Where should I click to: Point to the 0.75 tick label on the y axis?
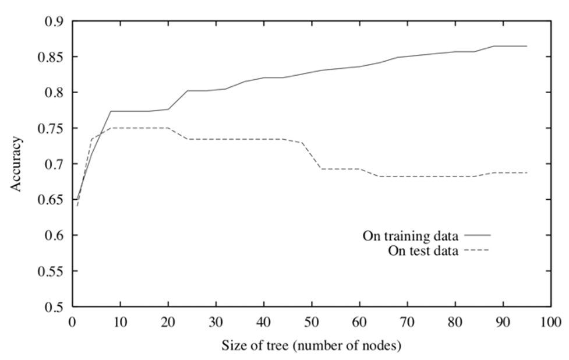click(x=50, y=128)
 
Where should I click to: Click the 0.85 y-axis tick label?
click(x=50, y=57)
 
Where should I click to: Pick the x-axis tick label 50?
click(x=312, y=322)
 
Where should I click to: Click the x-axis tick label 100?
click(x=551, y=322)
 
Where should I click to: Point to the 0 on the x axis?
click(x=72, y=322)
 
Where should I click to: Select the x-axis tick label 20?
click(x=168, y=322)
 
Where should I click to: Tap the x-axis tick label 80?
click(x=455, y=322)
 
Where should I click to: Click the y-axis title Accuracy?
click(x=16, y=164)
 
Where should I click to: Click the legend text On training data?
click(x=411, y=236)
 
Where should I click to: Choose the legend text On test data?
click(x=423, y=250)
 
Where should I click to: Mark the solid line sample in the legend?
click(x=477, y=235)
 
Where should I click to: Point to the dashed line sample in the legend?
click(x=476, y=250)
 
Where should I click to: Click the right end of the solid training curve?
click(x=526, y=46)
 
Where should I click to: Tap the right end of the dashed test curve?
click(x=526, y=172)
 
